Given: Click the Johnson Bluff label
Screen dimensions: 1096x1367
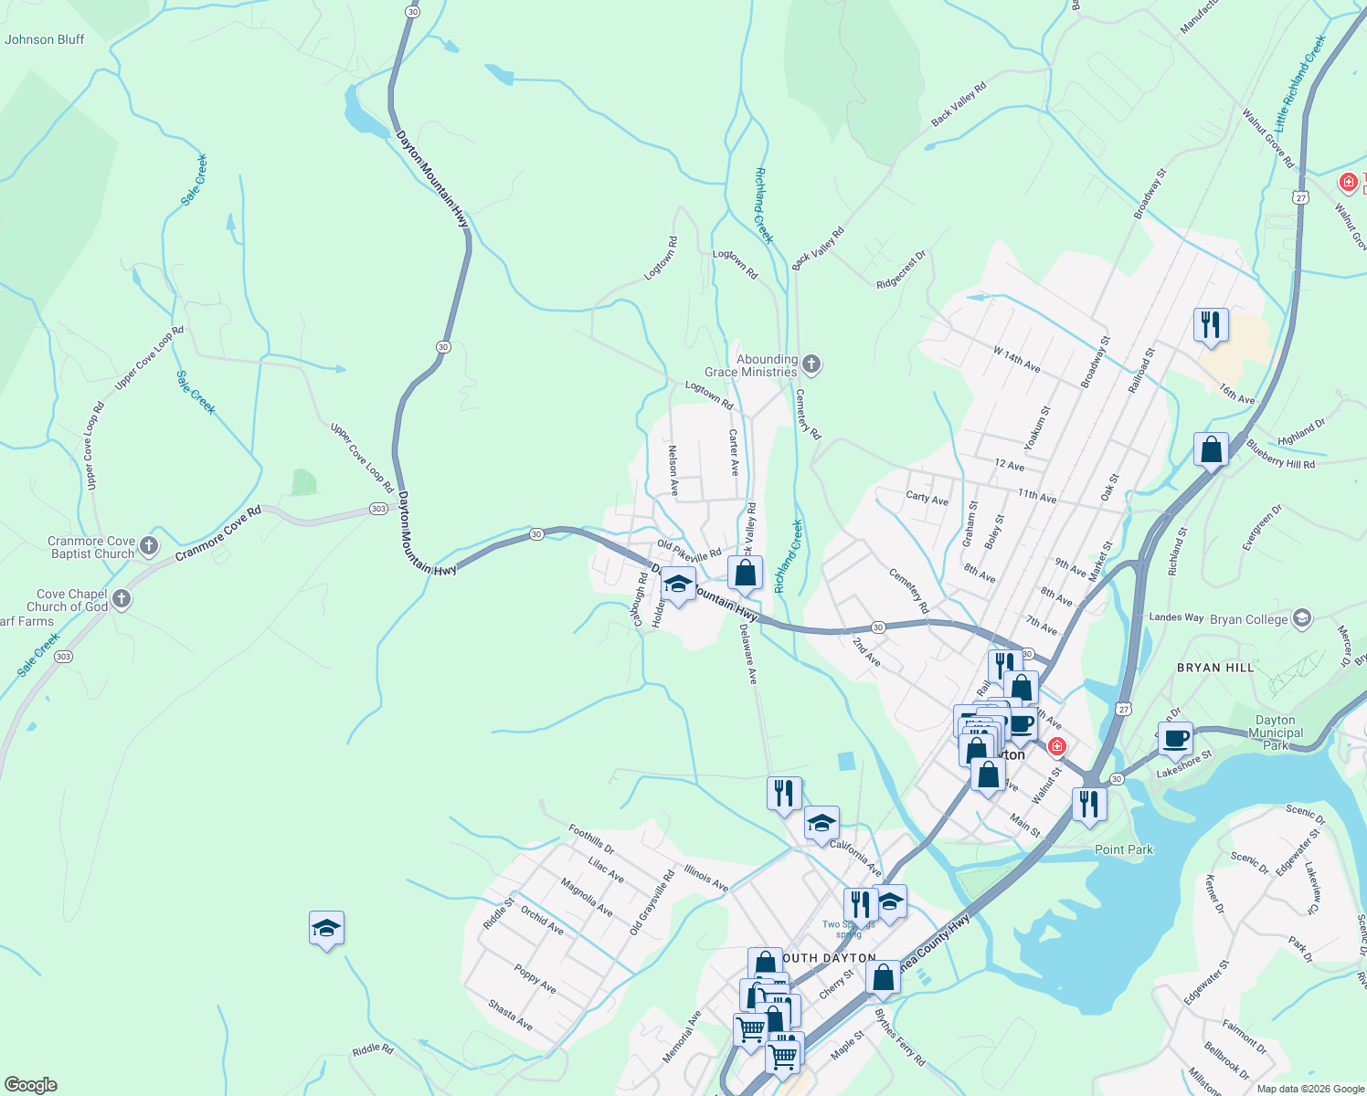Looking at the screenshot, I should pos(44,39).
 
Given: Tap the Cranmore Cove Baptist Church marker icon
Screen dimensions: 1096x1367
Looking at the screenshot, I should pos(149,547).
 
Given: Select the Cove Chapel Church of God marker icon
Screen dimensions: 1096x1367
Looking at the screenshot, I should pos(122,599).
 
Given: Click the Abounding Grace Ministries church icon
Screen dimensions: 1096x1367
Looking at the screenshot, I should pos(811,365).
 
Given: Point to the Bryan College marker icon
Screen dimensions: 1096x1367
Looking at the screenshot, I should pos(1302,618).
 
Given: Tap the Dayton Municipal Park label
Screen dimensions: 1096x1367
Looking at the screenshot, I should pos(1276,732).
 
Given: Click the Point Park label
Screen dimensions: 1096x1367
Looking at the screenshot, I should pos(1124,849).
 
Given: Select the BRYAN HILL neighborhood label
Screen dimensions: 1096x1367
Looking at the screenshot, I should pos(1215,668).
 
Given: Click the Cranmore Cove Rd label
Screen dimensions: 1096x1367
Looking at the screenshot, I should pos(217,533).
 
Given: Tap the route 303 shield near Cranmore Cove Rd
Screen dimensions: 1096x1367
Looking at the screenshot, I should pos(378,509).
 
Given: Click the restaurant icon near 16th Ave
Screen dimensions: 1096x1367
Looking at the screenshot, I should pos(1210,324).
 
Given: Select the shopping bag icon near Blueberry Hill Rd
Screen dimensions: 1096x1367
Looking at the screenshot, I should pos(1211,449).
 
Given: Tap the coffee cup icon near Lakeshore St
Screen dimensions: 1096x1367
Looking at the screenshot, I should pos(1175,738).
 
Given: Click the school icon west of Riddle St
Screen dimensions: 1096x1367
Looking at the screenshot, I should pos(326,928).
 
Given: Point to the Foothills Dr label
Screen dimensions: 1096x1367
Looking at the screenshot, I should pos(591,838).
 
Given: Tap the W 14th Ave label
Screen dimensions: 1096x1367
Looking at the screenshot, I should pos(1017,359).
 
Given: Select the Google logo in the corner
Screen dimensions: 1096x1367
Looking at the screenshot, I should pos(30,1085).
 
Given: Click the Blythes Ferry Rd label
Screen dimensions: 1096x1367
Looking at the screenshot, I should pos(900,1038).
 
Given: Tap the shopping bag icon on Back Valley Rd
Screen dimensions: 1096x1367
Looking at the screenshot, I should pos(746,574).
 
